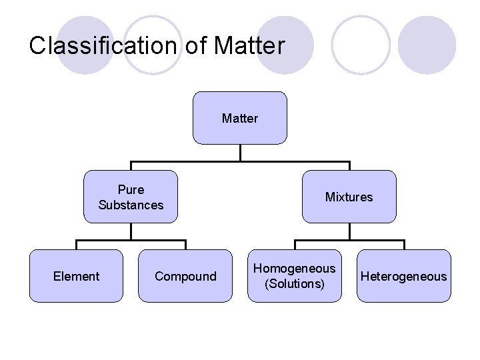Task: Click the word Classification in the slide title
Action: click(x=102, y=46)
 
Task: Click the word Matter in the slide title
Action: click(x=249, y=46)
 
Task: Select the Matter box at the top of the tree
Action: click(x=240, y=118)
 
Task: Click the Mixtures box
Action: click(x=349, y=197)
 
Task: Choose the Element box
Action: click(x=76, y=276)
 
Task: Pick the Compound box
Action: click(x=185, y=276)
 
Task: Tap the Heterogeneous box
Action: click(x=404, y=276)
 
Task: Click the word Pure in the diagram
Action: click(x=131, y=190)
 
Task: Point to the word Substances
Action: click(x=131, y=205)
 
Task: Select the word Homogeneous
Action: click(x=295, y=269)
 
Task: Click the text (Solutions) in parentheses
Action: click(x=295, y=284)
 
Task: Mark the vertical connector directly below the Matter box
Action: click(x=240, y=153)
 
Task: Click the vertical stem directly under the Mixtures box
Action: click(x=349, y=231)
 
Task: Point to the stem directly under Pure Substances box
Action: click(x=131, y=231)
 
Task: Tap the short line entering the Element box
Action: click(x=76, y=245)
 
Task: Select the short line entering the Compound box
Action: click(x=185, y=245)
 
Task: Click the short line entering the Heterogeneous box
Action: click(x=404, y=245)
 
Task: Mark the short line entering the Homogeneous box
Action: click(x=295, y=245)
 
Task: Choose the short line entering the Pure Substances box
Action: click(x=131, y=166)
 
